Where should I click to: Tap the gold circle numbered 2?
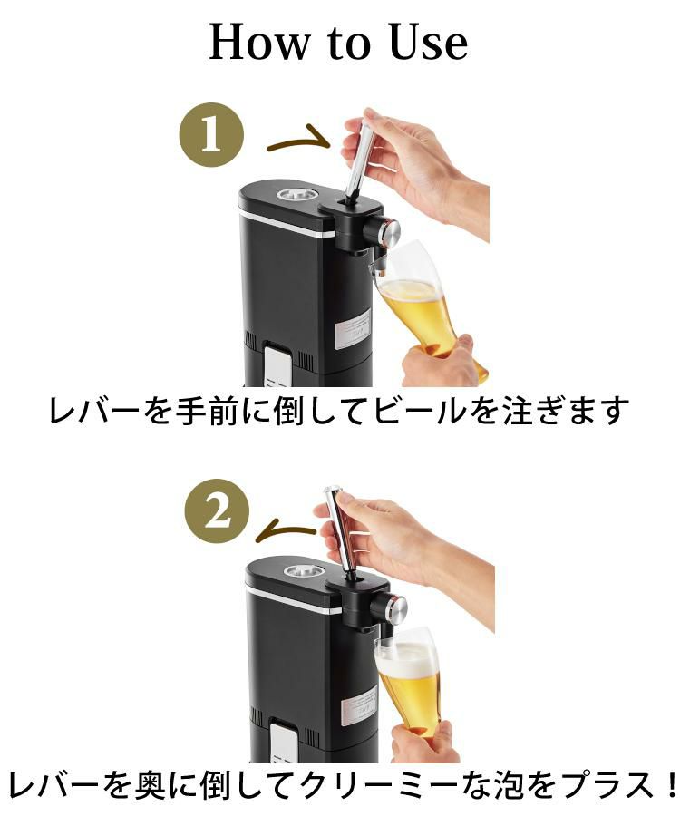218,513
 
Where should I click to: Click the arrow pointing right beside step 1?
297,140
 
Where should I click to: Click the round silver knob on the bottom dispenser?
396,608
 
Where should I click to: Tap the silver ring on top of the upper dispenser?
296,194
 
